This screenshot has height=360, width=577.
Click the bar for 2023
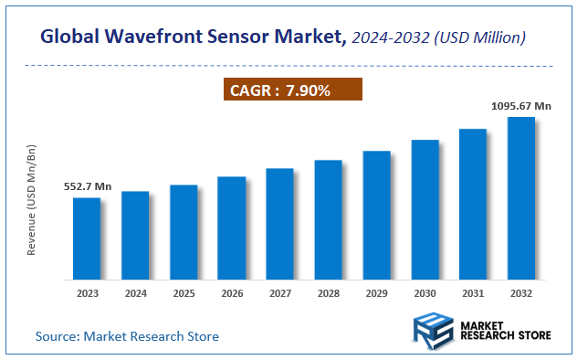[87, 238]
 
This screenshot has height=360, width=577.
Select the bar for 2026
[232, 228]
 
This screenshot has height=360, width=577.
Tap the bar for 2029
[377, 215]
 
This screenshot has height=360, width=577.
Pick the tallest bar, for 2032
[521, 197]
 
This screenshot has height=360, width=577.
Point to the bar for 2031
[473, 204]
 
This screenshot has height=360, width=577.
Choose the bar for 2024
[135, 235]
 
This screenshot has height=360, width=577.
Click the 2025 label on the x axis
[184, 294]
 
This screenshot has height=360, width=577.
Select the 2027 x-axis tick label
[280, 294]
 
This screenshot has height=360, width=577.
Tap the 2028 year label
[329, 294]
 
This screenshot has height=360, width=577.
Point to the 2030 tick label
[425, 294]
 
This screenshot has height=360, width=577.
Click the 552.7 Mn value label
[87, 186]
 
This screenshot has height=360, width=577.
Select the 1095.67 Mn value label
[522, 106]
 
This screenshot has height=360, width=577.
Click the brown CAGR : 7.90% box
[293, 90]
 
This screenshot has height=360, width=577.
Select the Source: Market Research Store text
[128, 336]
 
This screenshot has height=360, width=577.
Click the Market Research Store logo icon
[434, 330]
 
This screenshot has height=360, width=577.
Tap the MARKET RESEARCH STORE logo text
[505, 330]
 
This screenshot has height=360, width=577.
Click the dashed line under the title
[288, 66]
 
